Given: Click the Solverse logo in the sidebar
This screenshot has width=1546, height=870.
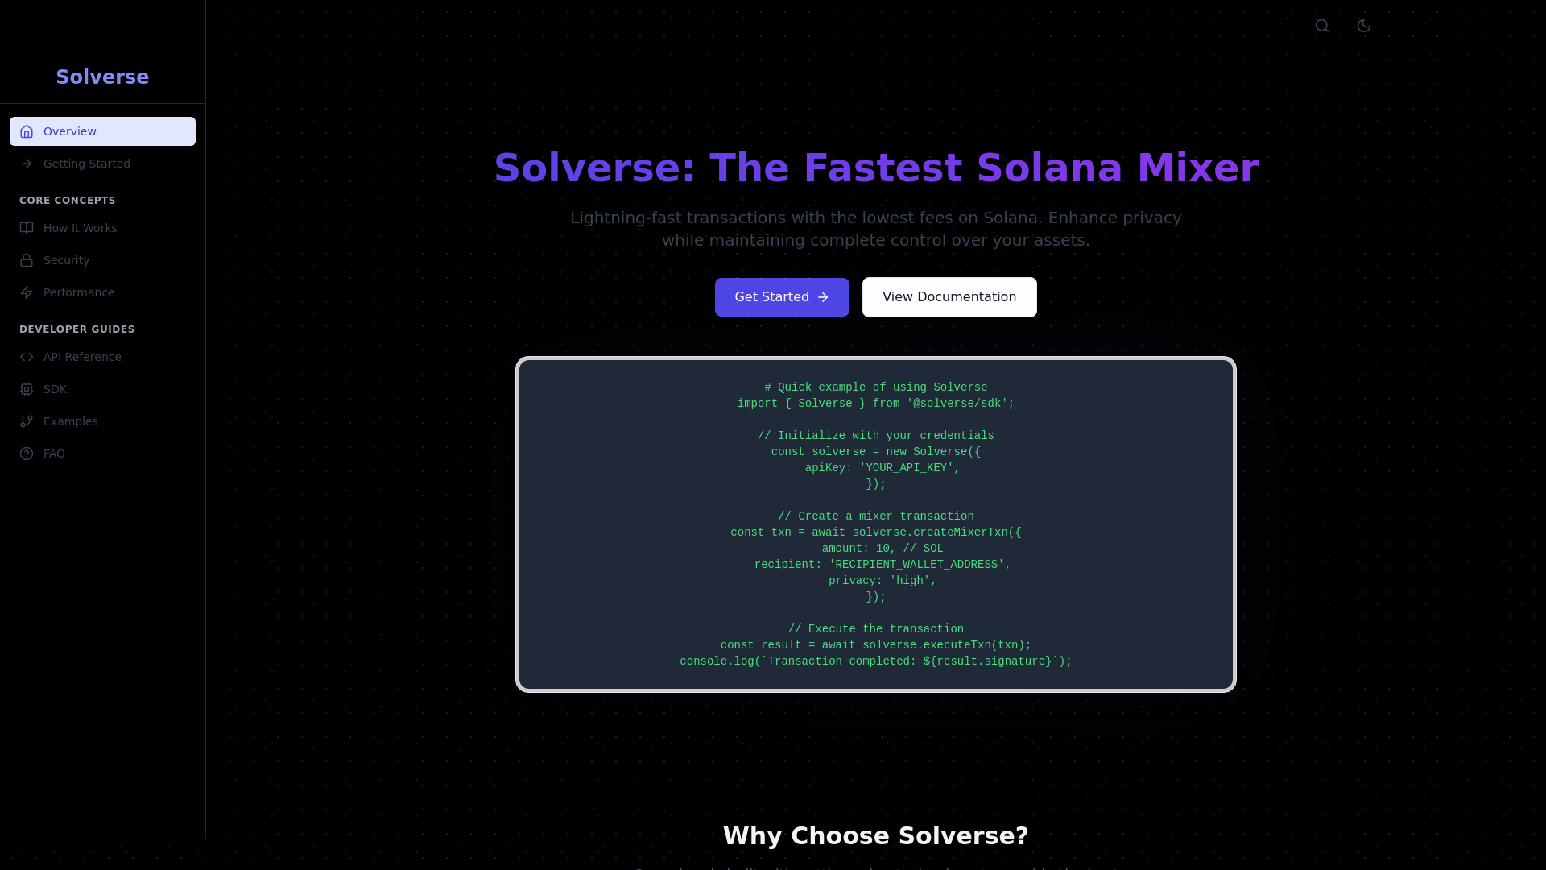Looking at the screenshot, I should (102, 77).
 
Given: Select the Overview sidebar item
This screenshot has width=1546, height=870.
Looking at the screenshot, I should (102, 131).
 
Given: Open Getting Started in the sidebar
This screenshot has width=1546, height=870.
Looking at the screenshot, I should (86, 164).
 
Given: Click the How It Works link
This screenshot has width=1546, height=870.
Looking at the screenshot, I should (80, 228).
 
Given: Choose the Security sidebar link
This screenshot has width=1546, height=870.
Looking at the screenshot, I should (66, 260).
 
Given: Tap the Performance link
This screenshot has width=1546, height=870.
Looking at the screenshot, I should (78, 292).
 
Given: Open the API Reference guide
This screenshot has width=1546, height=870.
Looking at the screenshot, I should (82, 357).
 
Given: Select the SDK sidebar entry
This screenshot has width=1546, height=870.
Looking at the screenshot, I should (55, 389).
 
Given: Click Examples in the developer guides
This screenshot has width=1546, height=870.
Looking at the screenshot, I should (70, 421).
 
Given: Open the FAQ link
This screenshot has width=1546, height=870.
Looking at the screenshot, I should (54, 454).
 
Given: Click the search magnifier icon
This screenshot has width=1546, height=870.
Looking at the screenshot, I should (1322, 26).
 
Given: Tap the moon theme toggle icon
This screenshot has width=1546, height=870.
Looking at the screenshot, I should (1364, 26).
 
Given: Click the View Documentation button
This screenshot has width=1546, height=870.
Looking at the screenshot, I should (949, 297).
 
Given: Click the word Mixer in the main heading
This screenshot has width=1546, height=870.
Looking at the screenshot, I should (1197, 168).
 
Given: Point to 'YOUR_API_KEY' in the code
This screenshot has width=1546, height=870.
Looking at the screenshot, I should (906, 468).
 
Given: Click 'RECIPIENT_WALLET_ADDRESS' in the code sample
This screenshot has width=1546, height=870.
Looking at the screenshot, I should (916, 565).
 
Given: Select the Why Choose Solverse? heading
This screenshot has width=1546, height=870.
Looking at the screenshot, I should (875, 836).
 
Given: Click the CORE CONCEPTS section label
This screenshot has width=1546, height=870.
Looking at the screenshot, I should (68, 201).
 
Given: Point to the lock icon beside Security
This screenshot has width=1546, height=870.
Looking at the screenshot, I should (27, 260).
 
